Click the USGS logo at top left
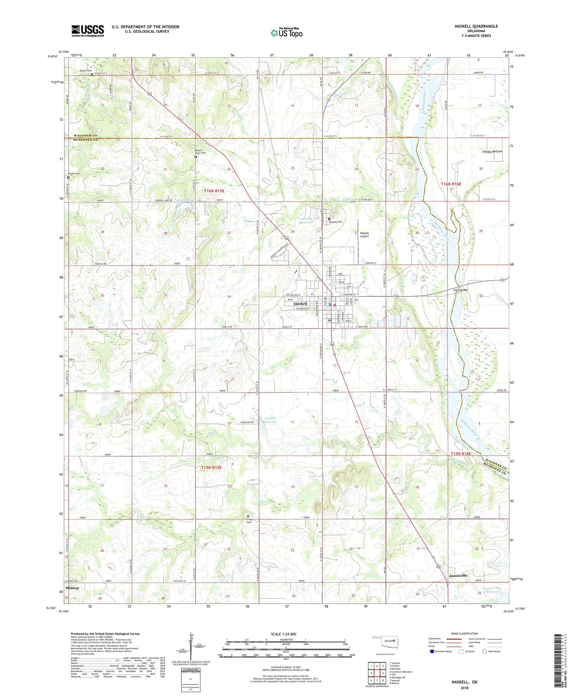click(x=88, y=31)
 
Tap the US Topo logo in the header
click(x=286, y=33)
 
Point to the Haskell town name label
click(x=300, y=304)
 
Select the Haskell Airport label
click(x=364, y=235)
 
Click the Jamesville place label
click(x=458, y=576)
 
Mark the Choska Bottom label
click(x=492, y=152)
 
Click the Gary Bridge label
click(x=460, y=290)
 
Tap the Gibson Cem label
click(x=86, y=71)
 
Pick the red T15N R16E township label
click(x=460, y=454)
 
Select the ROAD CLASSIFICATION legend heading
click(x=465, y=633)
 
